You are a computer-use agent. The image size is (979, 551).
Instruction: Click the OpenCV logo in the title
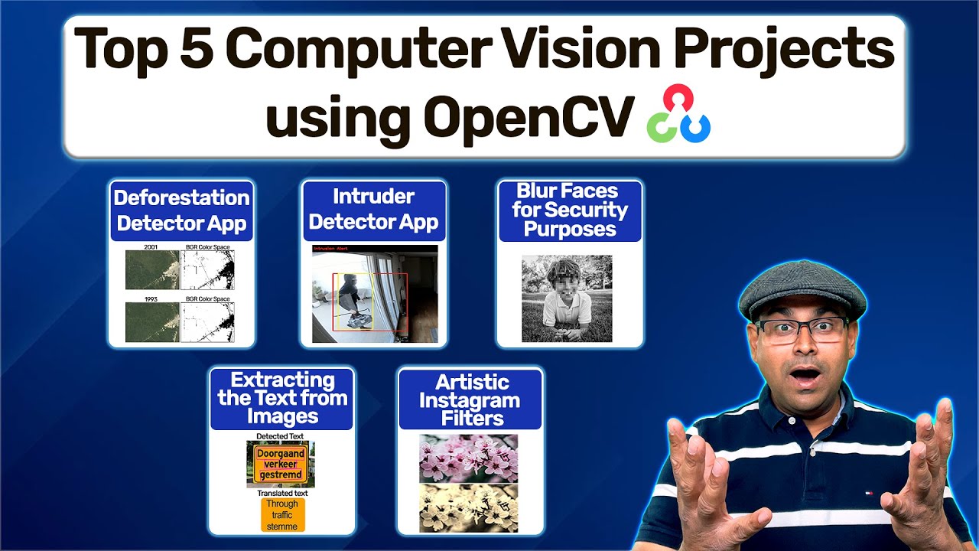pyautogui.click(x=678, y=115)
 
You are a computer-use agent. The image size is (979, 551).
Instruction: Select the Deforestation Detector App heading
pyautogui.click(x=182, y=210)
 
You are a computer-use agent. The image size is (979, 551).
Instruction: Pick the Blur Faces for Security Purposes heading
pyautogui.click(x=570, y=210)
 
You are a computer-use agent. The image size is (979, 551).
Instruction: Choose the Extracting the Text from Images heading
pyautogui.click(x=281, y=399)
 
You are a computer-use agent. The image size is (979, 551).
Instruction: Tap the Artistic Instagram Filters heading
pyautogui.click(x=470, y=399)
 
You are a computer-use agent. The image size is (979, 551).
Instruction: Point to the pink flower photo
pyautogui.click(x=468, y=458)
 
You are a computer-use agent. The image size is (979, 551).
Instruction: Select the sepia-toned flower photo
pyautogui.click(x=468, y=508)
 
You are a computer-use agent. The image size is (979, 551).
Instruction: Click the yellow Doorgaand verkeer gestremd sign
pyautogui.click(x=281, y=464)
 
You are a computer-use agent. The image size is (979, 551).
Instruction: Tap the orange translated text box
pyautogui.click(x=282, y=515)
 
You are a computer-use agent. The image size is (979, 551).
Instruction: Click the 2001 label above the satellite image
pyautogui.click(x=151, y=247)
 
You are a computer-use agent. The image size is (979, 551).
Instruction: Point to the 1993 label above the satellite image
pyautogui.click(x=151, y=299)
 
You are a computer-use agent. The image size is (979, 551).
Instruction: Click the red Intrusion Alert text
pyautogui.click(x=331, y=249)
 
